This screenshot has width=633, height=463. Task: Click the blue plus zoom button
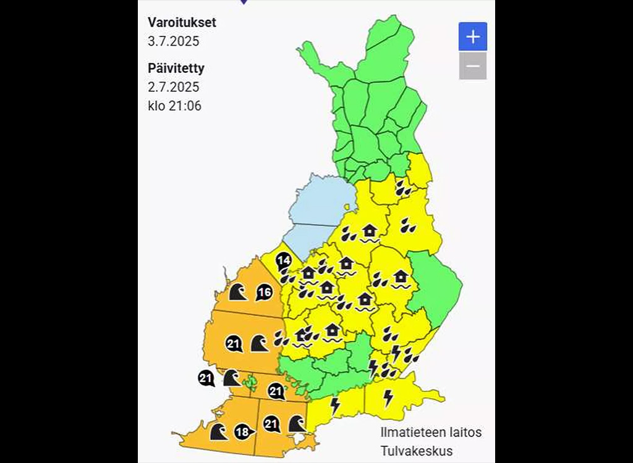(473, 36)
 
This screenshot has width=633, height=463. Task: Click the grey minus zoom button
(473, 66)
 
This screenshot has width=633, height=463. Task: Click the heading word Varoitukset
(182, 23)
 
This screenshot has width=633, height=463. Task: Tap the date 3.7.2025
(174, 42)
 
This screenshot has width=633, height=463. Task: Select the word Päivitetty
(176, 68)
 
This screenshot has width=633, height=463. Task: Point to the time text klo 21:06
(174, 106)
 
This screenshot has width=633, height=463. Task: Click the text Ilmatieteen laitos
(431, 432)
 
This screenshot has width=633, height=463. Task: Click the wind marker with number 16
(264, 293)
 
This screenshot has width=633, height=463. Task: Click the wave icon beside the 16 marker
(238, 291)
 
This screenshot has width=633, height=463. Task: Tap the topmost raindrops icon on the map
(404, 188)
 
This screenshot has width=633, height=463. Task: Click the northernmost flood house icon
(370, 232)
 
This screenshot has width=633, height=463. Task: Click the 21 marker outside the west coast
(206, 378)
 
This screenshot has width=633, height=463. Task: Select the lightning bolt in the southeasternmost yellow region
(388, 398)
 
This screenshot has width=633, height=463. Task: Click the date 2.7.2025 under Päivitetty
(174, 87)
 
